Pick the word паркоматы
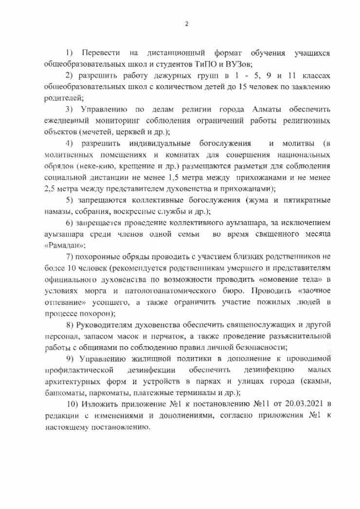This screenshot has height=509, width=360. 105,393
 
